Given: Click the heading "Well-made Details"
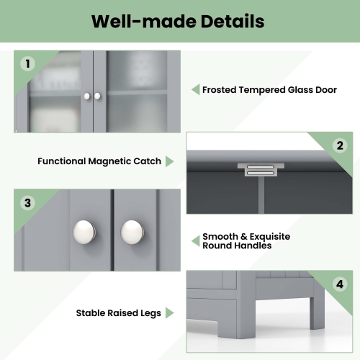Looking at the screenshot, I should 177,21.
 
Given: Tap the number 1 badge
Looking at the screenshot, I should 28,64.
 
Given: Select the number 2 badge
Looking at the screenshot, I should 340,145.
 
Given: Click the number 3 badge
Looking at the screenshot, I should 28,202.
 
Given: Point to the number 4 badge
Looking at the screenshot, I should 340,284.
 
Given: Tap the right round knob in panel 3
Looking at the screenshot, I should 132,231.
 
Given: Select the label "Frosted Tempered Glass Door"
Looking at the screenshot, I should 270,90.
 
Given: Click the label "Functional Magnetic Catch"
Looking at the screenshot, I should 99,161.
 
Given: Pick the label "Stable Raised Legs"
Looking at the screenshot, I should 120,313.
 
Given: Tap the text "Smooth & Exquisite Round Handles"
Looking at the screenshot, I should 236,240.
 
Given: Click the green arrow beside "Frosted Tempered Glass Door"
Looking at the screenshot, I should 194,90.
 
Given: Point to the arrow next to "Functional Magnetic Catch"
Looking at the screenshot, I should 169,161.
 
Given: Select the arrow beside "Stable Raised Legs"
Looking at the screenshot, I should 169,313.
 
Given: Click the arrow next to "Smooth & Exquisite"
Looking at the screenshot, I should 194,240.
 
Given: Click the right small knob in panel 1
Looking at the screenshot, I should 97,96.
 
